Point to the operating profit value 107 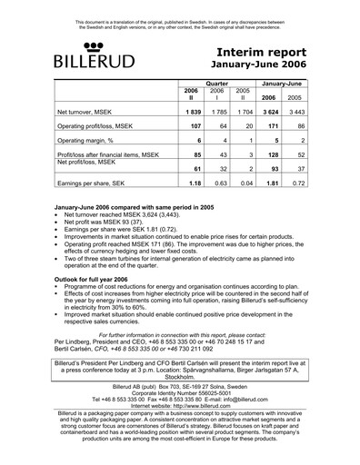pos(194,125)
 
